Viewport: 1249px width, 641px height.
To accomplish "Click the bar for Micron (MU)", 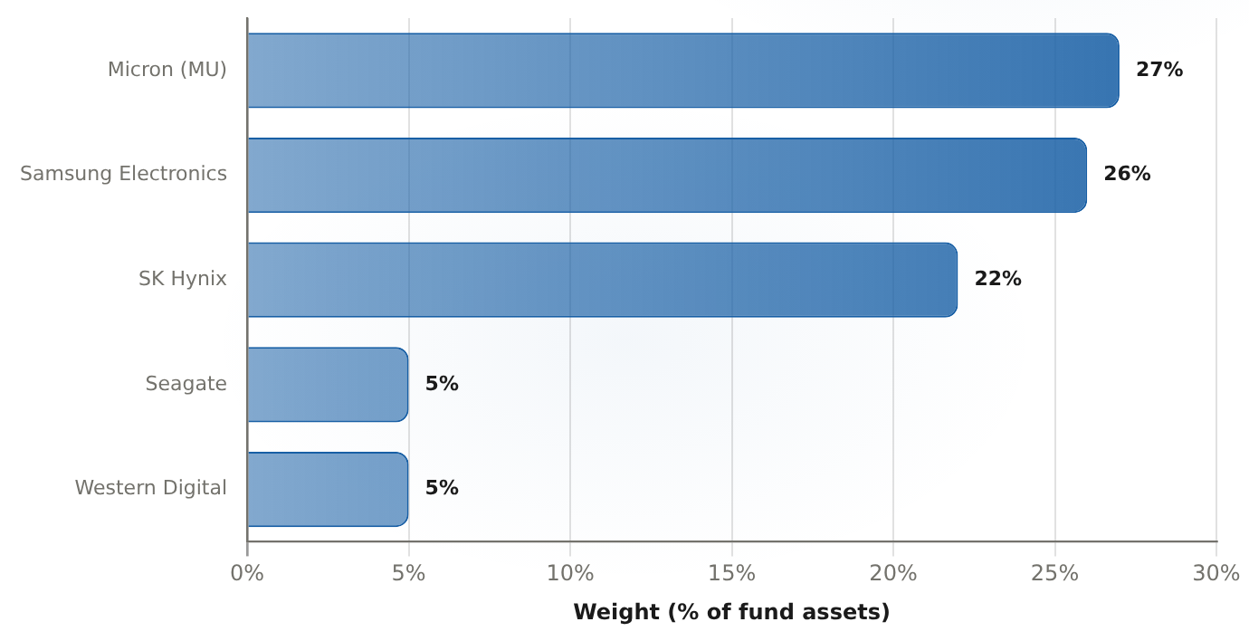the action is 683,71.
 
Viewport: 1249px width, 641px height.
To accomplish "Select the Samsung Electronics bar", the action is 667,175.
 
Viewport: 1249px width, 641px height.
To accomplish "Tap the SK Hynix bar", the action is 602,280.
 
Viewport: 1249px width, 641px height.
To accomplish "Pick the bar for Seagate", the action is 328,385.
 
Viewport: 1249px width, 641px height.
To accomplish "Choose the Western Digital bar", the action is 328,489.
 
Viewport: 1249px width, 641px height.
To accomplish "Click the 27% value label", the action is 1159,70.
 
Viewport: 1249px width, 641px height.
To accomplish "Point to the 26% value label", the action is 1127,174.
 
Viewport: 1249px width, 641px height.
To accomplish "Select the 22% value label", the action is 997,278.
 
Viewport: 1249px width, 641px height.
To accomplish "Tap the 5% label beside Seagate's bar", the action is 442,383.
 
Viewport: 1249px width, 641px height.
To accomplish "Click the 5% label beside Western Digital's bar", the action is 442,488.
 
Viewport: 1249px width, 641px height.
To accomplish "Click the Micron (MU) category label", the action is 167,70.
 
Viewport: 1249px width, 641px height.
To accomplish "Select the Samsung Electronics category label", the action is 123,174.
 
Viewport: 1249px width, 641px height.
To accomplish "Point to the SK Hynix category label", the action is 182,278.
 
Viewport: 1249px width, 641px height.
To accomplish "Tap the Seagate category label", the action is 186,384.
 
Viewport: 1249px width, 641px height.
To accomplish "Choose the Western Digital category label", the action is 150,488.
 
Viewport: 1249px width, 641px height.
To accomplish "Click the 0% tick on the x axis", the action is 247,573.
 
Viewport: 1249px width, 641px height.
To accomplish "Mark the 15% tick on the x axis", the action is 731,573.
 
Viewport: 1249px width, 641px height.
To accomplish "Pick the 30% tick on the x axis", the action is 1216,573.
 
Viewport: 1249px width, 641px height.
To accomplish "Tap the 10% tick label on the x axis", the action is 570,573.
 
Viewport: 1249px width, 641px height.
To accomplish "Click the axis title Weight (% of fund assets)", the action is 731,612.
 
